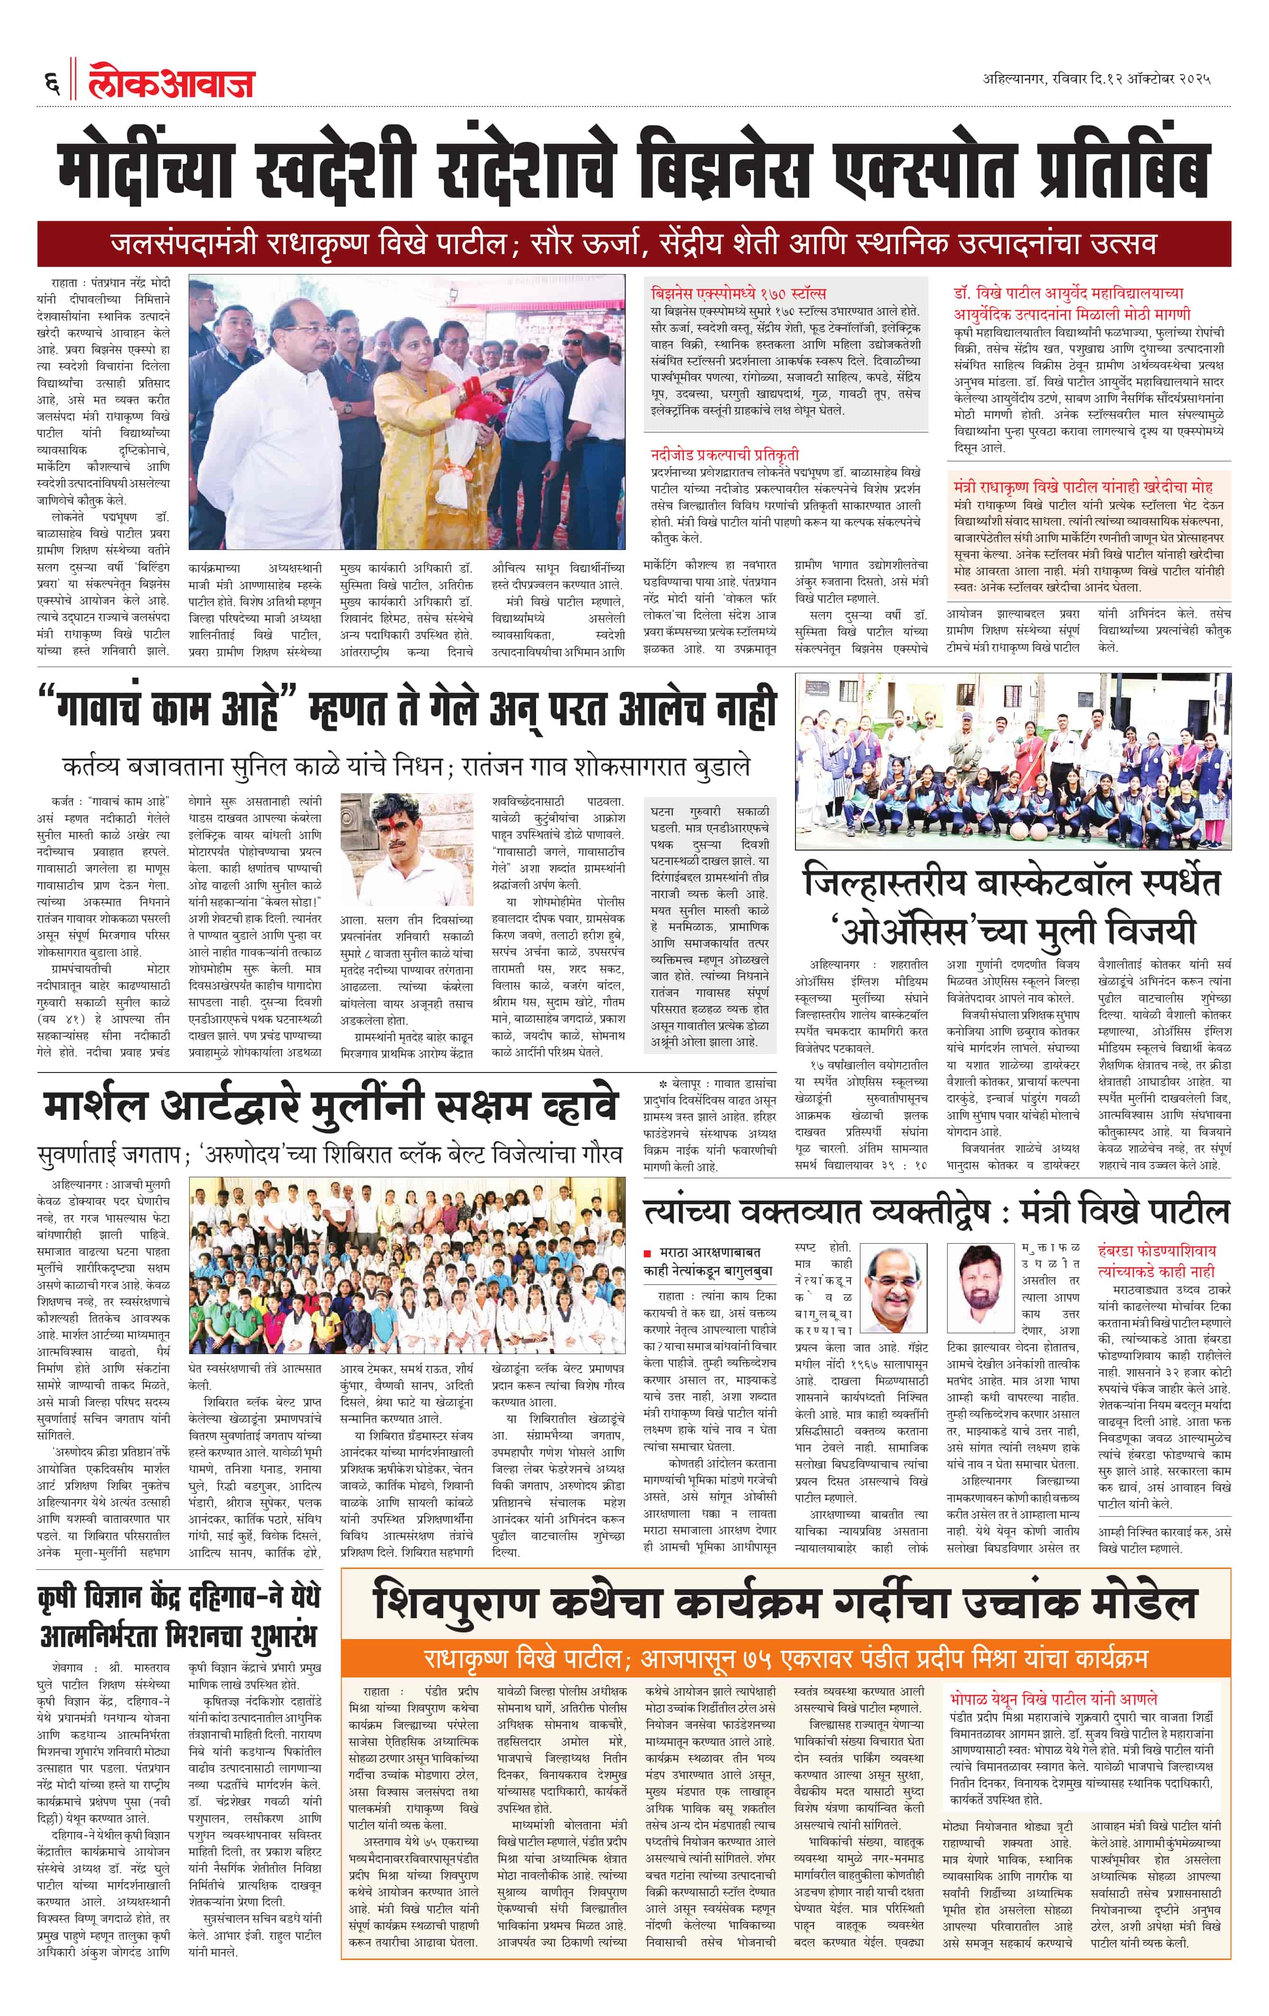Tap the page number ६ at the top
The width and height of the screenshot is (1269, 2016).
pyautogui.click(x=51, y=84)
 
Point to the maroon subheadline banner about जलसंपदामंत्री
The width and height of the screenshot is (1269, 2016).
pyautogui.click(x=634, y=244)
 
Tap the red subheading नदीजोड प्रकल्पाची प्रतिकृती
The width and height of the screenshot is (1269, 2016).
pyautogui.click(x=725, y=455)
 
